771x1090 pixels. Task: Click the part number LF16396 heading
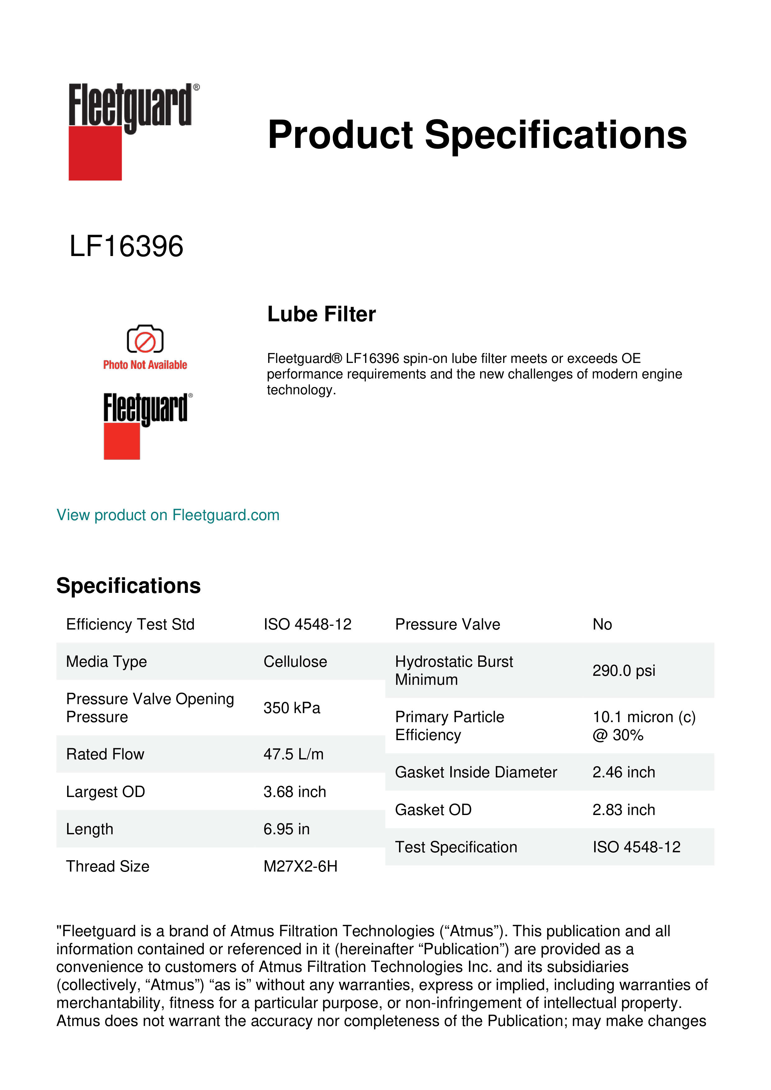click(x=126, y=246)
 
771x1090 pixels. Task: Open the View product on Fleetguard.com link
click(x=168, y=515)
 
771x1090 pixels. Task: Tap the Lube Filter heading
click(x=321, y=314)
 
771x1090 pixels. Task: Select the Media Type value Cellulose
click(x=295, y=661)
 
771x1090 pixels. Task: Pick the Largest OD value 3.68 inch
click(x=295, y=791)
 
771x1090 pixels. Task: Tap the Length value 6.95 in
click(x=286, y=829)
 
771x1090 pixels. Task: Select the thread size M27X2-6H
click(x=301, y=866)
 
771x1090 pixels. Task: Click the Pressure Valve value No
click(x=602, y=624)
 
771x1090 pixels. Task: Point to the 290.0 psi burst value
click(x=624, y=670)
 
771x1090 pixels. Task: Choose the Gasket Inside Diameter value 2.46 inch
click(x=624, y=772)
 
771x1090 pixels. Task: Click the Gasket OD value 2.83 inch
click(x=624, y=810)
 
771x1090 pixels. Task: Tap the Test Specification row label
click(x=456, y=847)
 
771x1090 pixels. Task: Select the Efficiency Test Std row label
click(x=131, y=624)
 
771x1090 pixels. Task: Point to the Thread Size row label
click(x=108, y=866)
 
